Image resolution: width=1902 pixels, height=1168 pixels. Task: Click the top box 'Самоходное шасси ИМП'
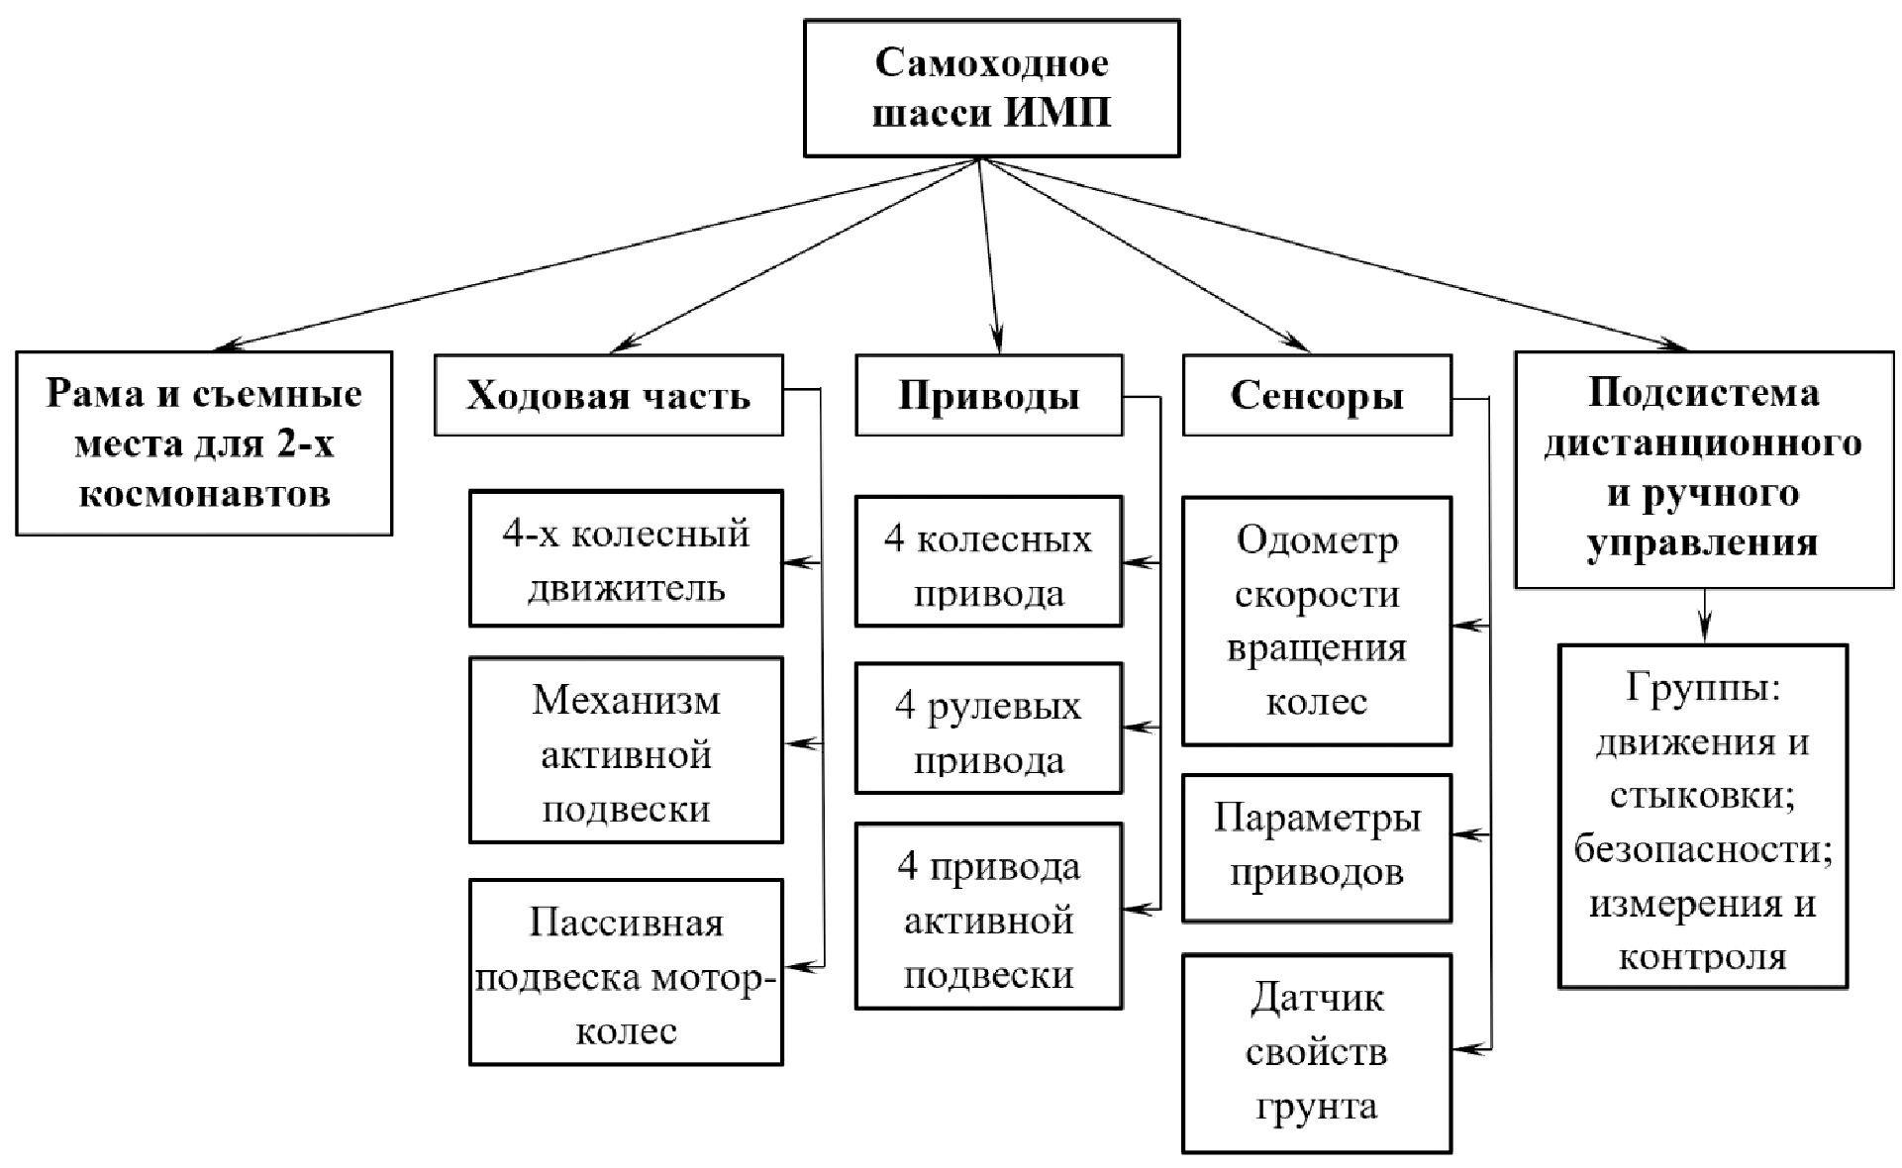991,88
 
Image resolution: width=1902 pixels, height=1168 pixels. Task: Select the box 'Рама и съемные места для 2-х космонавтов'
204,442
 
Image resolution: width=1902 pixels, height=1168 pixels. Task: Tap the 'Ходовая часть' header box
608,395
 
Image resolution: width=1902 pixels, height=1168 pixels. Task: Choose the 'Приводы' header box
988,395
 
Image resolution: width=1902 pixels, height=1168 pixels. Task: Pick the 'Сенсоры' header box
1316,395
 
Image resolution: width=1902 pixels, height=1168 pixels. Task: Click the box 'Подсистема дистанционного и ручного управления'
1703,469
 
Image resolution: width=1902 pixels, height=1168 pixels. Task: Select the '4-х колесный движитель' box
626,558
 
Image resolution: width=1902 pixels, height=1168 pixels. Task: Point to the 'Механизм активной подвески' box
626,750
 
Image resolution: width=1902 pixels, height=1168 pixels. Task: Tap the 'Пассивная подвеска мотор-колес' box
626,972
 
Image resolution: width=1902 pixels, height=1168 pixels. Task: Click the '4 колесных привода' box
988,561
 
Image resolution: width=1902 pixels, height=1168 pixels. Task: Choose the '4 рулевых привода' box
988,729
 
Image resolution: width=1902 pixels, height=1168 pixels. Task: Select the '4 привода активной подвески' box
988,917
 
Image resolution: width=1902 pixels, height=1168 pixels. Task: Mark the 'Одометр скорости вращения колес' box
1316,621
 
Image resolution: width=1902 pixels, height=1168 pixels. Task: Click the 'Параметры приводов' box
1316,848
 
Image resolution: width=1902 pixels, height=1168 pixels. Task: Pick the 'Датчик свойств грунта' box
1316,1053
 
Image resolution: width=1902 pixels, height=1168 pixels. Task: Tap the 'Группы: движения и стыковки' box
1703,817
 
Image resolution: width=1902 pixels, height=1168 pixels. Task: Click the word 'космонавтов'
204,493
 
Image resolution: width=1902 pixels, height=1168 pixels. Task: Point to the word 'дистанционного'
1703,442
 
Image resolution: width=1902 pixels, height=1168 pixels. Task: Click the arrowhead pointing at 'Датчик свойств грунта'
1460,1048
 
